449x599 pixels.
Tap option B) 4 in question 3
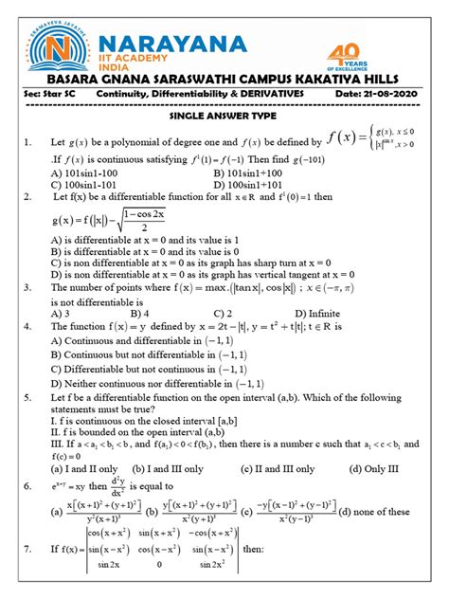(x=141, y=313)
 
